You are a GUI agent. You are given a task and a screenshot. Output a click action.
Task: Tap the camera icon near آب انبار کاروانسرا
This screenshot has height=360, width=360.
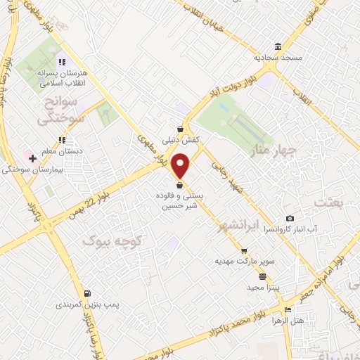tap(290, 219)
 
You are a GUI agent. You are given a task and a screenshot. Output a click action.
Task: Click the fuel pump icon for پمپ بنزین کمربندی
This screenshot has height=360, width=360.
tap(87, 294)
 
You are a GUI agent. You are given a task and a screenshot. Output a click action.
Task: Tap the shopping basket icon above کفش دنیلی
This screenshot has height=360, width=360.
tap(181, 129)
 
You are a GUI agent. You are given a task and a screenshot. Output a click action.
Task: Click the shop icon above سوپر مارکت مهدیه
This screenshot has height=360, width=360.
tap(244, 251)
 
